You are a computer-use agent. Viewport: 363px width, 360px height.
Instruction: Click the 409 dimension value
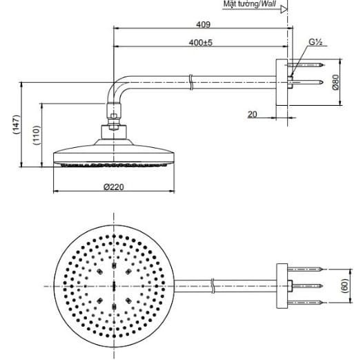pyautogui.click(x=203, y=23)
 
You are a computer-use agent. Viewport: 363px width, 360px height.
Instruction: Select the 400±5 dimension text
pyautogui.click(x=201, y=43)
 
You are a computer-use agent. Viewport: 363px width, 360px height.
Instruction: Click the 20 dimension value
pyautogui.click(x=253, y=114)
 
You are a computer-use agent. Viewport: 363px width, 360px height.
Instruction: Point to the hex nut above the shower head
pyautogui.click(x=112, y=128)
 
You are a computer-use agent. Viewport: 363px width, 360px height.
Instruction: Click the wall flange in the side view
pyautogui.click(x=282, y=83)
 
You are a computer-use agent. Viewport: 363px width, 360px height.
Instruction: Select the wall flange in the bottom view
pyautogui.click(x=282, y=284)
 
